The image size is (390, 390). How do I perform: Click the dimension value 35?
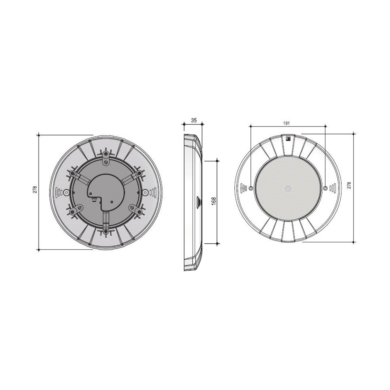click(194, 121)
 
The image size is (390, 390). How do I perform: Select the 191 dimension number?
click(287, 123)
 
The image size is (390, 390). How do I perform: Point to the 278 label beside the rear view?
click(35, 190)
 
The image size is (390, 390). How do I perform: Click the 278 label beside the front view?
click(349, 185)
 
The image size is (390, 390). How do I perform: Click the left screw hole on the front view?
click(251, 188)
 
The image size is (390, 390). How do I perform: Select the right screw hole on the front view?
click(326, 188)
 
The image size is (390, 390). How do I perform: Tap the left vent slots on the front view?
click(243, 188)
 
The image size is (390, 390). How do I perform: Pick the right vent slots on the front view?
click(332, 188)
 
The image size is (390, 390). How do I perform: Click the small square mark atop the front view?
click(289, 139)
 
